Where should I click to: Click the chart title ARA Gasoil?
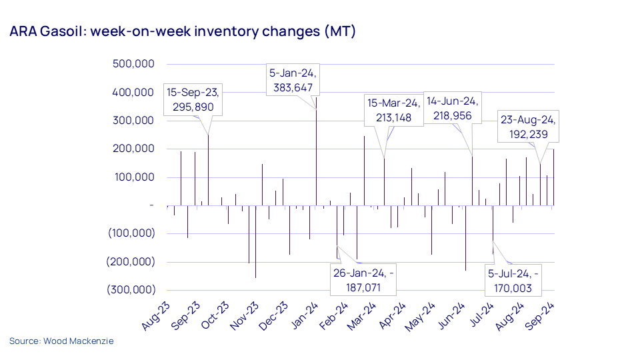point(182,32)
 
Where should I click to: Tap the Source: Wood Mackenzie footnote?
point(61,341)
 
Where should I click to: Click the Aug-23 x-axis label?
point(158,315)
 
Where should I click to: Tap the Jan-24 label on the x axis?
point(304,315)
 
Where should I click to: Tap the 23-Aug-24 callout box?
point(529,127)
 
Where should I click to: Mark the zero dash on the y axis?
point(151,205)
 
